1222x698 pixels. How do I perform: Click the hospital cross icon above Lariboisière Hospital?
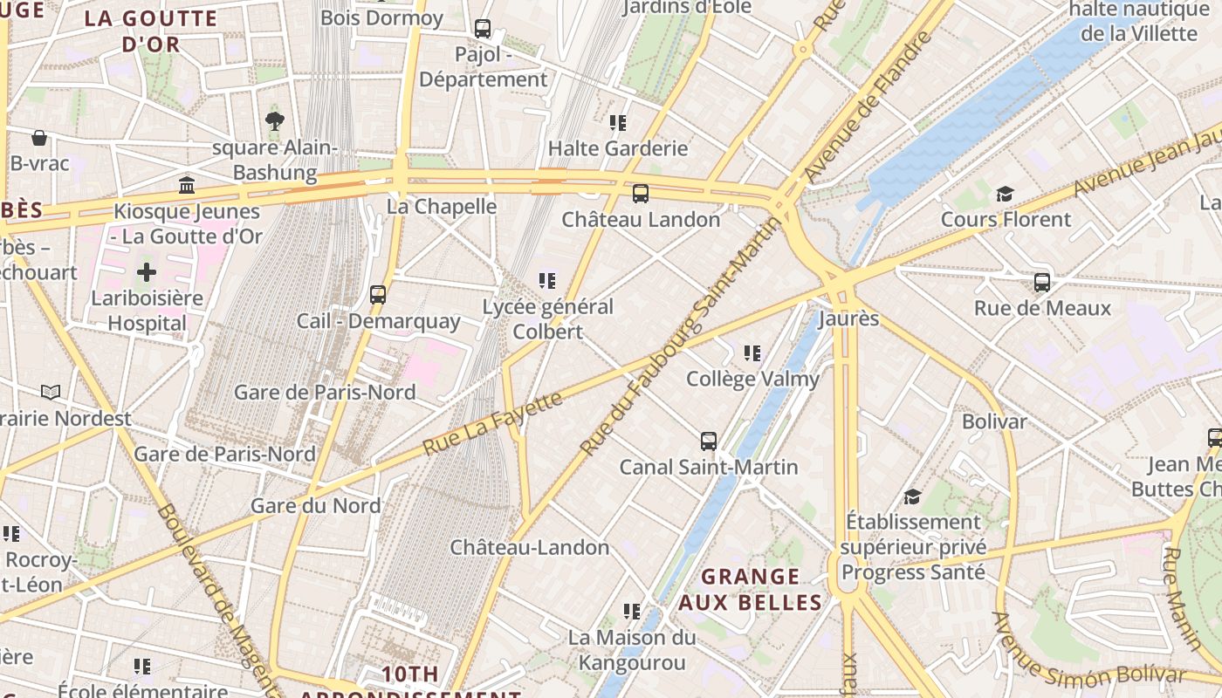(x=147, y=272)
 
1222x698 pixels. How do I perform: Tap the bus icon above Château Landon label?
(x=641, y=194)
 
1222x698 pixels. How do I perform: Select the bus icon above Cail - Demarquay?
(x=378, y=295)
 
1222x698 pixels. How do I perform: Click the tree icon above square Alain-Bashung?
(x=275, y=121)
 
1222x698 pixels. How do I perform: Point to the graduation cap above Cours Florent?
(x=1006, y=194)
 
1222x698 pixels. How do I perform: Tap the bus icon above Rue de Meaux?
(x=1042, y=283)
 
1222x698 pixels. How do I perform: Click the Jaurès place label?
(x=848, y=318)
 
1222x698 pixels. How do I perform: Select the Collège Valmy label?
(x=752, y=379)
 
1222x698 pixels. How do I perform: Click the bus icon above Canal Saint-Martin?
(x=709, y=441)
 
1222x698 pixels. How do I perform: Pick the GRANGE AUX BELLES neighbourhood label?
(x=751, y=590)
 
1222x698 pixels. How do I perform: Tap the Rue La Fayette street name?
(x=493, y=422)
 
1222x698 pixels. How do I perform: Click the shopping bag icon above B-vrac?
(x=39, y=138)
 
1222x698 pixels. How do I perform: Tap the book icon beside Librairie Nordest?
(x=51, y=393)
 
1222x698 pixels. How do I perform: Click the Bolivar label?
(x=994, y=421)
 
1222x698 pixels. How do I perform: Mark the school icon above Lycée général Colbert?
(x=547, y=281)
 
